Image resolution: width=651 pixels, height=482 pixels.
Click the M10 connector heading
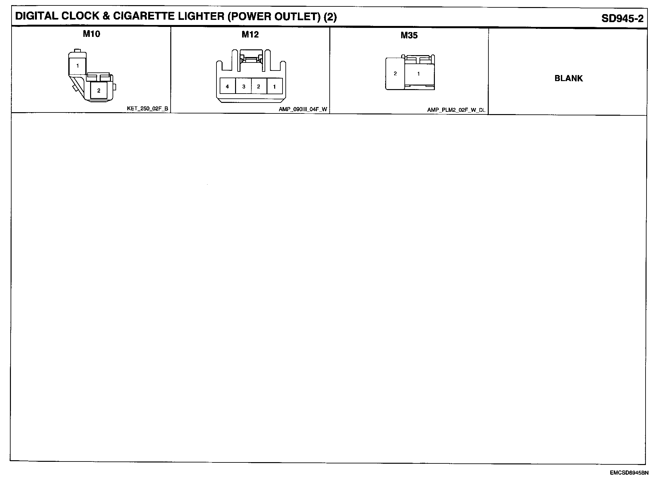[91, 34]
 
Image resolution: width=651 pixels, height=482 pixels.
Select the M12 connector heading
[250, 34]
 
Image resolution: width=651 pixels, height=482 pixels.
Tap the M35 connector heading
[409, 35]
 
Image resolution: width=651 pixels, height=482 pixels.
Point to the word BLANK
[569, 78]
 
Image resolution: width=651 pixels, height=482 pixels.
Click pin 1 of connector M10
[78, 66]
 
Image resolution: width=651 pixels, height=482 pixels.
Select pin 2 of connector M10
[98, 91]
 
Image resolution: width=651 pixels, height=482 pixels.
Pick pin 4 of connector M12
[227, 87]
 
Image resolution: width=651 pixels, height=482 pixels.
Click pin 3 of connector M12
[244, 87]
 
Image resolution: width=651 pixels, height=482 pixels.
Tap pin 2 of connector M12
[258, 87]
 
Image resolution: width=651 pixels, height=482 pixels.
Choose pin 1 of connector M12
[275, 87]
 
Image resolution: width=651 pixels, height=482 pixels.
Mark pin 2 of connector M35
[395, 74]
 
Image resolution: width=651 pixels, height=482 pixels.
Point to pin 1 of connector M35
[418, 74]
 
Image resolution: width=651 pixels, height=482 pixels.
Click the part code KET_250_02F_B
[148, 109]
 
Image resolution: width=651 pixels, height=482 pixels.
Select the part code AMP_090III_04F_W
[303, 109]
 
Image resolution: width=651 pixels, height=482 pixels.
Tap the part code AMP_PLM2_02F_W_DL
[456, 110]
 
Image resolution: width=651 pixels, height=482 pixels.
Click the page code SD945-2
[622, 18]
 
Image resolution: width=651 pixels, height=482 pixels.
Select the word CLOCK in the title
[80, 17]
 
